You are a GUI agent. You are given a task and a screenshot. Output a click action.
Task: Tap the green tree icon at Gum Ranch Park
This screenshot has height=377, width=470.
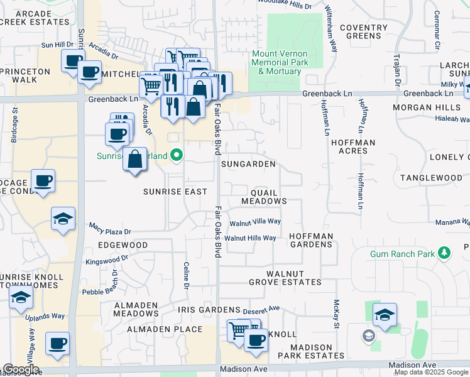point(445,253)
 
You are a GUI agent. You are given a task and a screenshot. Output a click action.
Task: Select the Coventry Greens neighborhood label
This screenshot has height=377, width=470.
point(364,31)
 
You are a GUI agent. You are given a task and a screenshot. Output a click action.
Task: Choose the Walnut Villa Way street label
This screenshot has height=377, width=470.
point(254,222)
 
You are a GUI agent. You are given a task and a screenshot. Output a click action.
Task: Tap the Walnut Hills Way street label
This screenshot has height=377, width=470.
point(250,238)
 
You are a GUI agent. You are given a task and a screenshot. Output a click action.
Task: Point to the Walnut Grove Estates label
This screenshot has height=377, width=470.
point(293,278)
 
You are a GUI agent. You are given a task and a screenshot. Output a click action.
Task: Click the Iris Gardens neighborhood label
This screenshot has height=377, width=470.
point(209,310)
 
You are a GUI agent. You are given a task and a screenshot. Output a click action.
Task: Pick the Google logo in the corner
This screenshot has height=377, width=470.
point(20,369)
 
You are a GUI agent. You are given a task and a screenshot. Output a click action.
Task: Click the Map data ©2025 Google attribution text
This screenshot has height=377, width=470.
point(431,372)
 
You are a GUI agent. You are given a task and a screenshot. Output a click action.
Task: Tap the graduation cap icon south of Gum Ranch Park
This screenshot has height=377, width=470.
point(385,315)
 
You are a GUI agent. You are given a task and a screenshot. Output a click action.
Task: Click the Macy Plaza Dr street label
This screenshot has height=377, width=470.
point(109,231)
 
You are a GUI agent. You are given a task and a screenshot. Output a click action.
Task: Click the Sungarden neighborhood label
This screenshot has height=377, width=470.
point(248,164)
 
